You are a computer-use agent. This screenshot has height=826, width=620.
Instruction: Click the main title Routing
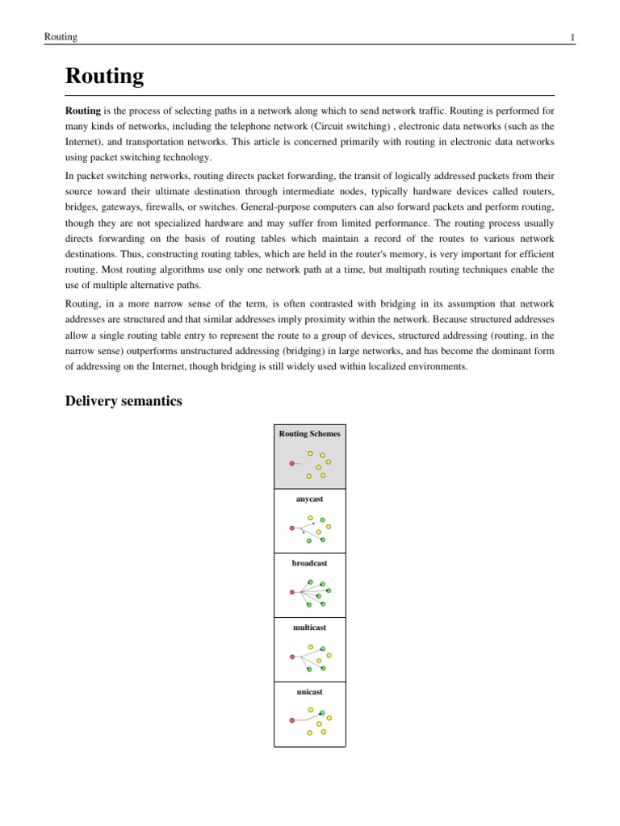pos(104,77)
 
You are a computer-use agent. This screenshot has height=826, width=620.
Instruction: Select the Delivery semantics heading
pos(124,401)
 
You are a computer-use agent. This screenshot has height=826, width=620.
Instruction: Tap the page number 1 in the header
pos(572,37)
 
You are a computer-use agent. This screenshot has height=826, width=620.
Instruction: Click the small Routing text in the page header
pos(61,37)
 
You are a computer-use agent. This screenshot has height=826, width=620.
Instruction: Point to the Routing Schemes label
pos(309,434)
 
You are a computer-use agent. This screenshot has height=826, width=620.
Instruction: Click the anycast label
pos(309,499)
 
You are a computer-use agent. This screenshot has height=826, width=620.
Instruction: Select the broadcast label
pos(309,563)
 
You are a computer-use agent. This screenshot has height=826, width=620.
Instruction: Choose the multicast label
pos(309,627)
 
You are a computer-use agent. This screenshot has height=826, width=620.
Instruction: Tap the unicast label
pos(309,691)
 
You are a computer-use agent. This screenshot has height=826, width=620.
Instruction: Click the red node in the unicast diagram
pos(291,720)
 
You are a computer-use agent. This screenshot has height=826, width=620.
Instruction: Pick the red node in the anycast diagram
pos(291,528)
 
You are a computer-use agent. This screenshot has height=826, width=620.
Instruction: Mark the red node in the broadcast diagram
pos(291,592)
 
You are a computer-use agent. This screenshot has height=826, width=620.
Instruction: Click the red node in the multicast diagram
pos(291,657)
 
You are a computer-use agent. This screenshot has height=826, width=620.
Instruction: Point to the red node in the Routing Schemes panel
pos(291,464)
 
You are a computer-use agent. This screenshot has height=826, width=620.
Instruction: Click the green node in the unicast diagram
pos(322,713)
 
